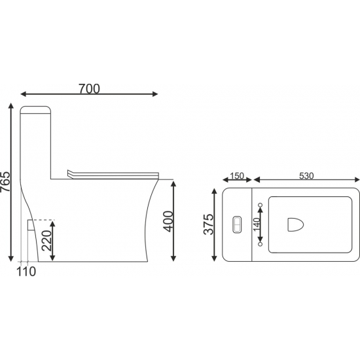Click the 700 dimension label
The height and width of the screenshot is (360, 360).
click(89, 89)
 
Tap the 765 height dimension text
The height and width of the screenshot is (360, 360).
click(5, 181)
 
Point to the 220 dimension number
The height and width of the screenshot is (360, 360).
click(46, 240)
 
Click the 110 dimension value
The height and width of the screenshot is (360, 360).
click(26, 272)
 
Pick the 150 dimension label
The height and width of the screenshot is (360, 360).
click(237, 176)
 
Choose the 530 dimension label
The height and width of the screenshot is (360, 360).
click(306, 176)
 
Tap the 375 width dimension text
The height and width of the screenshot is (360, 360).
click(208, 225)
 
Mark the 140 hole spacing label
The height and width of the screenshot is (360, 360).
click(257, 224)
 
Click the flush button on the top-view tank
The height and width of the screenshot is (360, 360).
click(237, 225)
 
